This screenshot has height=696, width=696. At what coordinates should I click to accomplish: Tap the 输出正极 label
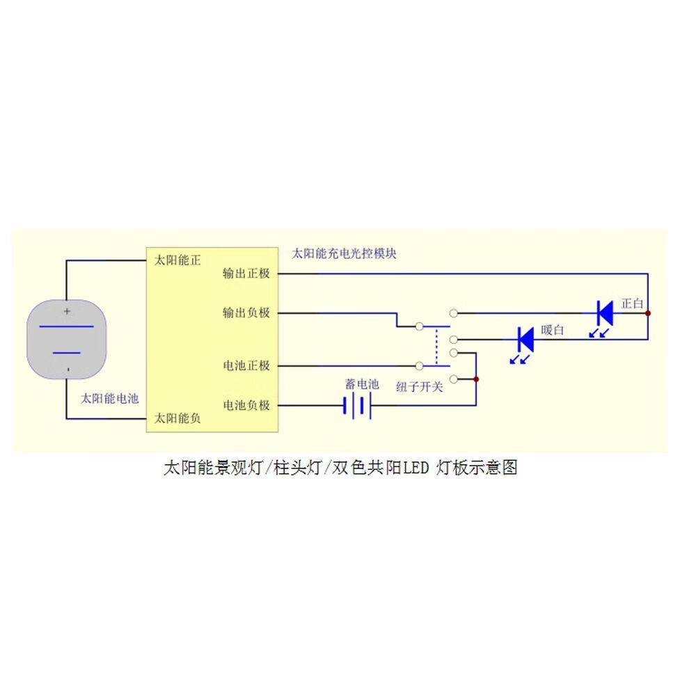click(x=246, y=274)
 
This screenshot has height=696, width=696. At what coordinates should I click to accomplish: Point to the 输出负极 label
click(x=246, y=313)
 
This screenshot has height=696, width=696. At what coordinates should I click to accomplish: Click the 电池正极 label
click(x=246, y=365)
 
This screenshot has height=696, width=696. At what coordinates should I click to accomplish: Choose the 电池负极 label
click(x=246, y=404)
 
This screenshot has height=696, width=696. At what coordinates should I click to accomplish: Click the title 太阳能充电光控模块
click(x=344, y=253)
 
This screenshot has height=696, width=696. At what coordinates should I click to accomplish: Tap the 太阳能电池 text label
click(x=110, y=398)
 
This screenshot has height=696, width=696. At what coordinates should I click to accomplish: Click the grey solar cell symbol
click(x=68, y=339)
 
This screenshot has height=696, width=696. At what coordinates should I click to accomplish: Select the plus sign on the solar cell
click(x=68, y=311)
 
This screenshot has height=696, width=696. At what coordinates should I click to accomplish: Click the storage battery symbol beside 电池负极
click(x=357, y=405)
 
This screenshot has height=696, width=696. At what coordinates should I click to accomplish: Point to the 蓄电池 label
click(x=362, y=384)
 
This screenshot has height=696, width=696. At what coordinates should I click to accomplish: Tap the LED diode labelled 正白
click(x=605, y=313)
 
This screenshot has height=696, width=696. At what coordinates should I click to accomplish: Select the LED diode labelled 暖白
click(x=525, y=339)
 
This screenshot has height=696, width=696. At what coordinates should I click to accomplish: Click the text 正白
click(x=632, y=303)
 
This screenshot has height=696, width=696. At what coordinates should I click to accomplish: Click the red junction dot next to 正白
click(x=648, y=313)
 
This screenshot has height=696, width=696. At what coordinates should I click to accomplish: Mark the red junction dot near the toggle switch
click(x=476, y=379)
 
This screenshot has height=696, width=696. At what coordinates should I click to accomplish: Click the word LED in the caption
click(x=416, y=468)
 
